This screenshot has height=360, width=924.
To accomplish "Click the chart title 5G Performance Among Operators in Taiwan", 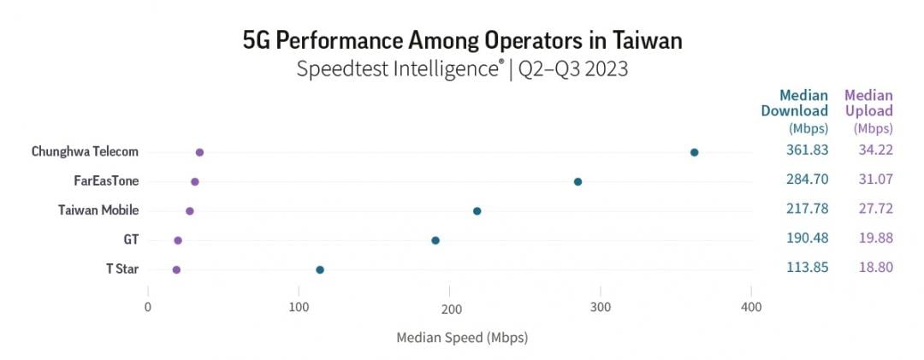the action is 463,41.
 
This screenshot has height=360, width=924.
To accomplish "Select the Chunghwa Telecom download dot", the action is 694,152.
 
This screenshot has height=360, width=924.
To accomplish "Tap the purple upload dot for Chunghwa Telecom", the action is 199,152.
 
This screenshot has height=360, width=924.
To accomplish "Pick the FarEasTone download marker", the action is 578,181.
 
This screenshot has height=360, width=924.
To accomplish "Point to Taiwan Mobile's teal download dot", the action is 477,211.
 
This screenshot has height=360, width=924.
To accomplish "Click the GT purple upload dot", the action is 178,240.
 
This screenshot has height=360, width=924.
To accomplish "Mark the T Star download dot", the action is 320,270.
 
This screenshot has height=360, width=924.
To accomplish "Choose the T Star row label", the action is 122,269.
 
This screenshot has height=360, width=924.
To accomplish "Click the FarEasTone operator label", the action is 107,181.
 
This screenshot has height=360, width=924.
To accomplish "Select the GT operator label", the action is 132,239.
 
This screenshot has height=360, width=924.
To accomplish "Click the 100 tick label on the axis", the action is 299,307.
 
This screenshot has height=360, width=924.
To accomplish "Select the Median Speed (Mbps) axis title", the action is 462,339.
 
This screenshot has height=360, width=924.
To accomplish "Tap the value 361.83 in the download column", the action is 808,150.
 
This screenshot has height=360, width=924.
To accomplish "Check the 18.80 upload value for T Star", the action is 876,268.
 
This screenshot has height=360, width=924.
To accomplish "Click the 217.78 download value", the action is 808,209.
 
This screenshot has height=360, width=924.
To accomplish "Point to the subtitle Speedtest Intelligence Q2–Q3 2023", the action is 463,69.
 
